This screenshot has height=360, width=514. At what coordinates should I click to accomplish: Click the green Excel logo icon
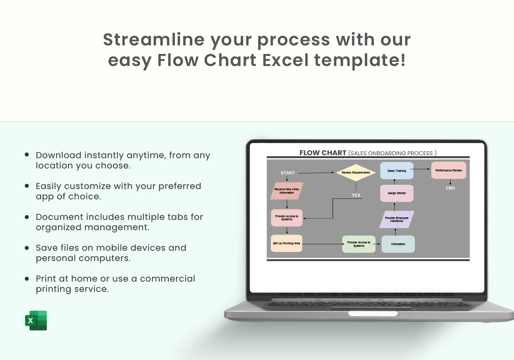tap(36, 321)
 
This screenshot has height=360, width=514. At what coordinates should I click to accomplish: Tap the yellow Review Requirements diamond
tap(356, 172)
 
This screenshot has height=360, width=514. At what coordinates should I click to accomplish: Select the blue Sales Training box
tap(397, 171)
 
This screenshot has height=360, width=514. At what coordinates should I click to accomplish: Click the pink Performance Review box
tap(448, 171)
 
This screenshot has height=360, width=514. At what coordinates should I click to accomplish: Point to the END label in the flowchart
tap(450, 188)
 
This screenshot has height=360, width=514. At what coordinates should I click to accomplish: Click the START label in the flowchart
tap(288, 173)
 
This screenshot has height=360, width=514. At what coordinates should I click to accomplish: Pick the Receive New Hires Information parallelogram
tap(287, 191)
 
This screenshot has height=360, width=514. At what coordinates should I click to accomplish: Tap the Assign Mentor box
tap(397, 193)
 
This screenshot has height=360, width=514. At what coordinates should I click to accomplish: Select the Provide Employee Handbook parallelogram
tap(397, 219)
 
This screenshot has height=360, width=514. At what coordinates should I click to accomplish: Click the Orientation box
tap(398, 244)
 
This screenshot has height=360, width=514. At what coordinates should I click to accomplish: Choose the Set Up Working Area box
tap(287, 243)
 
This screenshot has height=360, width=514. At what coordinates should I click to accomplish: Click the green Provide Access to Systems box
tap(359, 244)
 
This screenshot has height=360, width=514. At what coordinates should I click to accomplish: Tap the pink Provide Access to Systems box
tap(287, 218)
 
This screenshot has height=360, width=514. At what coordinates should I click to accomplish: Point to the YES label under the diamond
tap(356, 195)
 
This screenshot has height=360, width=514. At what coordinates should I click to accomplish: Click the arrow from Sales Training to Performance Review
tap(420, 169)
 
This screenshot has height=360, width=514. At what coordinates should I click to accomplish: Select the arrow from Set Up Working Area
tap(323, 244)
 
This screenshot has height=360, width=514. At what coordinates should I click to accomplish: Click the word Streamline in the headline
tap(154, 39)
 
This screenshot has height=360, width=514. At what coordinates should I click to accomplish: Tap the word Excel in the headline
tap(285, 60)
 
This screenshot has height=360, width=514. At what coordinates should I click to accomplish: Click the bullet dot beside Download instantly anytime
tap(27, 155)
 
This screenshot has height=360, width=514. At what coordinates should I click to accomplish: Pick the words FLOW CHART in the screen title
tap(323, 153)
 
